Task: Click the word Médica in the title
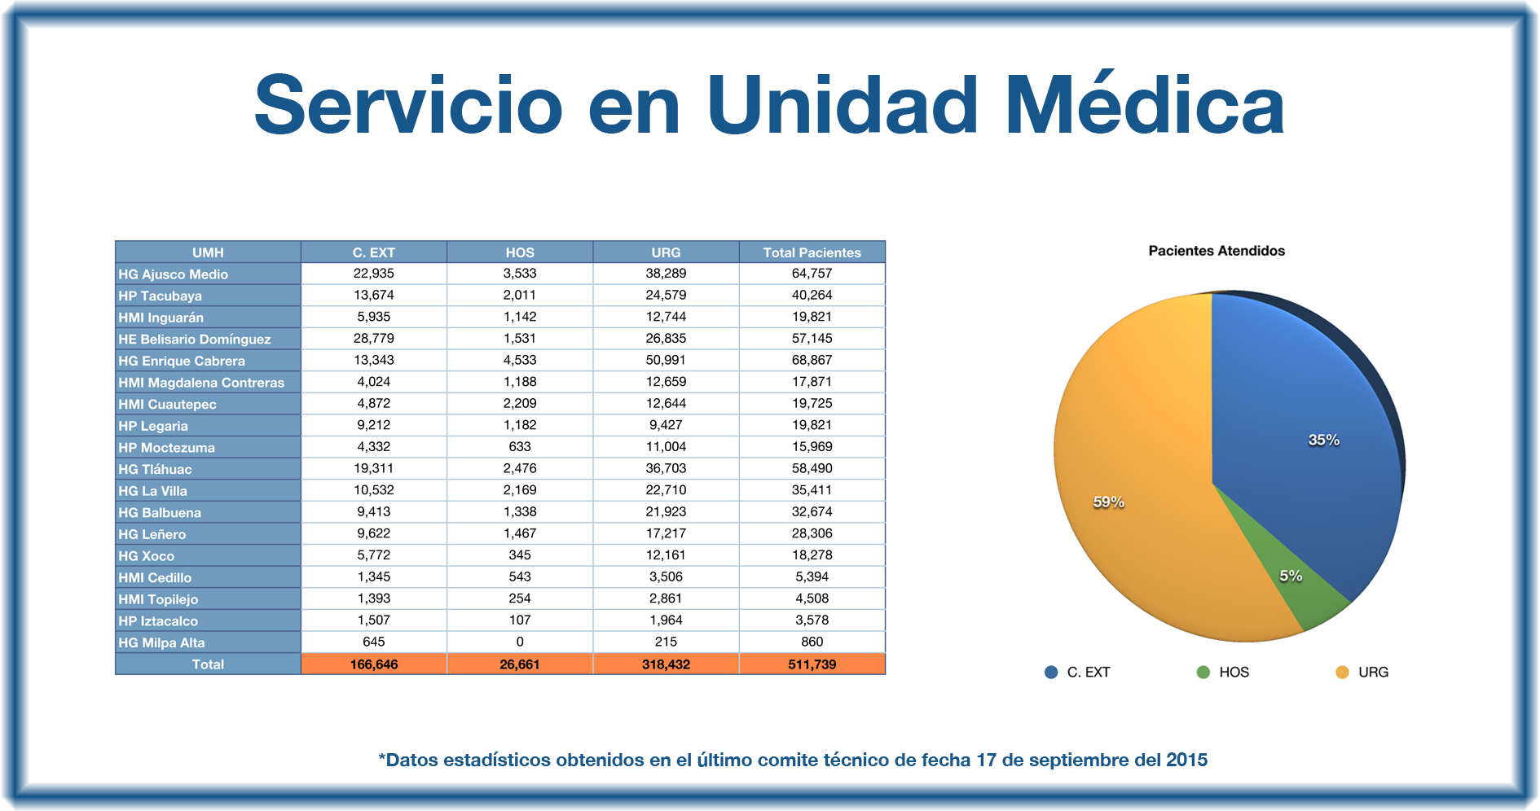point(1144,105)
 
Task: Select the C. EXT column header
point(373,252)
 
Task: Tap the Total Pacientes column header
point(812,252)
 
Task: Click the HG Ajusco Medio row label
point(174,274)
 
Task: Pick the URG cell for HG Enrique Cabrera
point(666,360)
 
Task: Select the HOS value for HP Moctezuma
point(520,447)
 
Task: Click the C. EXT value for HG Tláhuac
point(373,468)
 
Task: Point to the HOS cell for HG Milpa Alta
point(520,642)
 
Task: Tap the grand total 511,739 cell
point(812,664)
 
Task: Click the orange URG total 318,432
point(666,664)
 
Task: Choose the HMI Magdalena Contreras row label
point(201,383)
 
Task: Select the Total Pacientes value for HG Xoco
point(812,555)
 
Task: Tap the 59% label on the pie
point(1108,502)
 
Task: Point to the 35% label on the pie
point(1323,440)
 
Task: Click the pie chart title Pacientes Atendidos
point(1217,251)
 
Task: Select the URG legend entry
point(1372,672)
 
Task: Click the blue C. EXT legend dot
point(1051,672)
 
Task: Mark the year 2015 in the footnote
point(1186,760)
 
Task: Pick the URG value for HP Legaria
point(666,425)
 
